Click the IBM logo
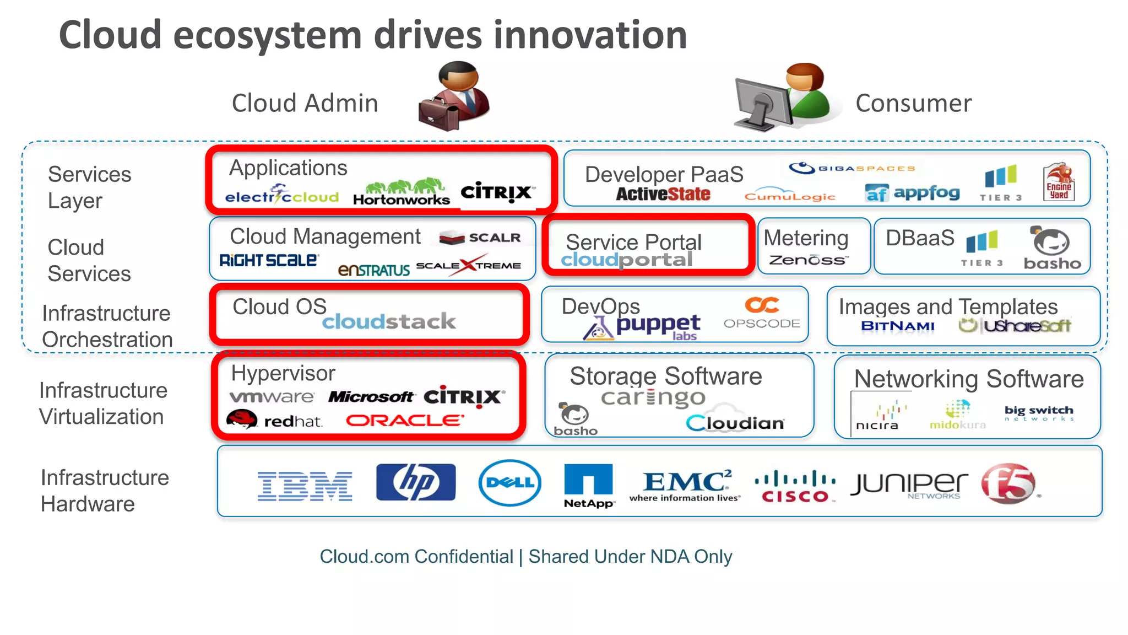(x=305, y=486)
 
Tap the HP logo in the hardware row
(x=416, y=482)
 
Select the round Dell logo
(x=509, y=483)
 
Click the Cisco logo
(x=795, y=486)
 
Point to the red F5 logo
(x=1008, y=483)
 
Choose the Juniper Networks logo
(x=909, y=485)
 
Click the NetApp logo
(x=588, y=485)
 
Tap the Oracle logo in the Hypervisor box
(x=405, y=421)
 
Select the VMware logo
(x=272, y=397)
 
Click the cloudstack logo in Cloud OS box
(x=389, y=321)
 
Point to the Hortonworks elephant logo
(x=402, y=193)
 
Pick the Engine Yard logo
(x=1059, y=182)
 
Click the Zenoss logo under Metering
(x=809, y=260)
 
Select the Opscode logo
(x=762, y=313)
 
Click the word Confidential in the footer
(x=464, y=557)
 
